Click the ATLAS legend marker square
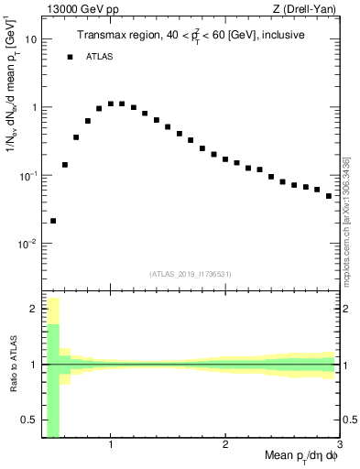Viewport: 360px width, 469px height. [70, 57]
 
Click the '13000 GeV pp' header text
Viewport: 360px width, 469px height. [74, 9]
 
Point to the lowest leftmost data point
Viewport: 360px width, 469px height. [53, 221]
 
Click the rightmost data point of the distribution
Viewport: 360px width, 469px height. [329, 196]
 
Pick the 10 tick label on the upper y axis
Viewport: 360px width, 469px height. [30, 39]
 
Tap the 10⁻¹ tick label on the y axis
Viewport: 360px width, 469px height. [27, 175]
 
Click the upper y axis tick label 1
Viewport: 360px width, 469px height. [34, 107]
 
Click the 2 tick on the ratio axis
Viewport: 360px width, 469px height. [34, 309]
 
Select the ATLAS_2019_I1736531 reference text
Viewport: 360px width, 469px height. [191, 273]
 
